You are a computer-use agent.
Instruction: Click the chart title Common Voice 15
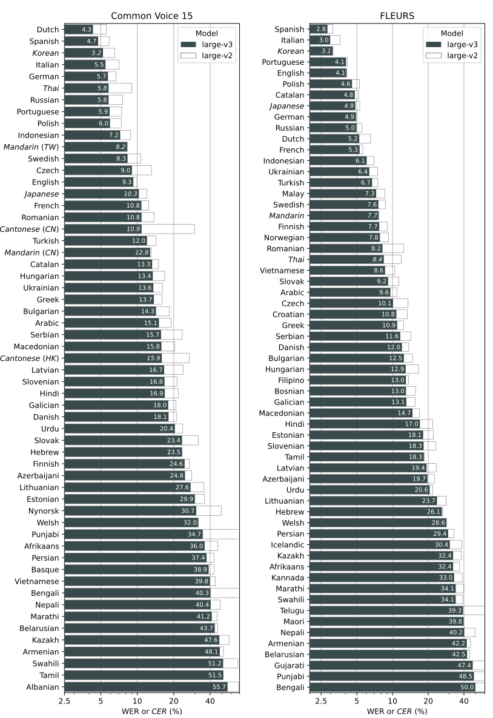coord(151,16)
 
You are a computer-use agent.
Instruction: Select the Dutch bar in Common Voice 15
coord(79,29)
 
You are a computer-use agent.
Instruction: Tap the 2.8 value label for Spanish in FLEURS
coord(321,29)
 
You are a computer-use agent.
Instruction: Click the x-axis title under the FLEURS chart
coord(397,711)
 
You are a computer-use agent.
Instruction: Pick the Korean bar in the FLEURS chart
coord(321,51)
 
